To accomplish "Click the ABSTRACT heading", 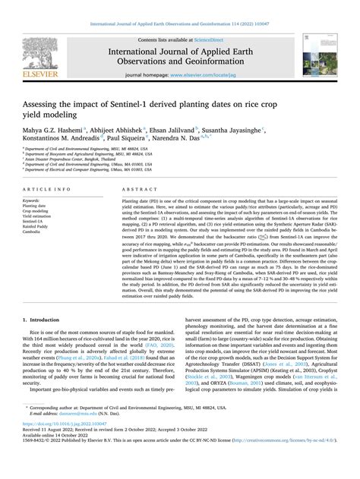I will [x=137, y=188].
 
